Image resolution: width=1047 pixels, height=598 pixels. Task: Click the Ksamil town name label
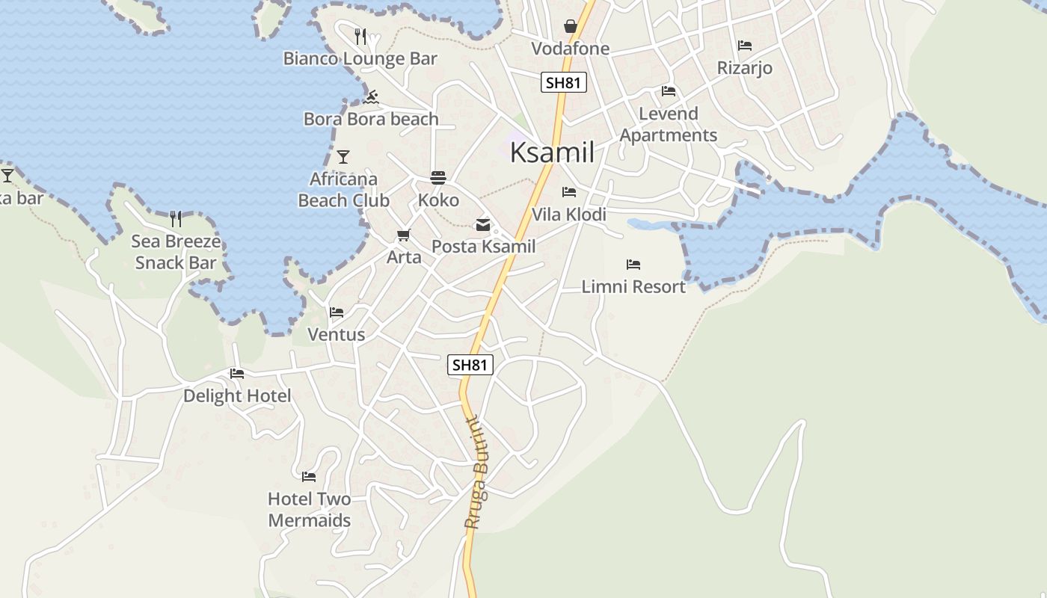click(552, 152)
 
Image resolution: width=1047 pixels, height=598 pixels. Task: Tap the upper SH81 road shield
click(564, 82)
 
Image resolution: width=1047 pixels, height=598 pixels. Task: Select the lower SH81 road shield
click(470, 365)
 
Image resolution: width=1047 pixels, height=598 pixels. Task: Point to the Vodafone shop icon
click(571, 27)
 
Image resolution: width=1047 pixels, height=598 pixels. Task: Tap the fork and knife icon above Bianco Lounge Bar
click(360, 36)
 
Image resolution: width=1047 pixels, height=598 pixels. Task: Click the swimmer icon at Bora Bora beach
click(371, 97)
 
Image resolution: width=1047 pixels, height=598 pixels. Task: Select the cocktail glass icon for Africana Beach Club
click(343, 157)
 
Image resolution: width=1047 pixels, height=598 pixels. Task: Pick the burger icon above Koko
click(438, 178)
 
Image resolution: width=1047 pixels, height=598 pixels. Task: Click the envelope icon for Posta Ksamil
click(483, 224)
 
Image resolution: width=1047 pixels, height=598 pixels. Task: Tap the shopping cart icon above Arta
click(404, 235)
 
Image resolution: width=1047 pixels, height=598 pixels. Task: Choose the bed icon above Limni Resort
click(633, 265)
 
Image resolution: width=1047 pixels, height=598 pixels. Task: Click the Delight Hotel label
click(237, 395)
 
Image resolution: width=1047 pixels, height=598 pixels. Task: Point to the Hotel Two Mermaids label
click(310, 509)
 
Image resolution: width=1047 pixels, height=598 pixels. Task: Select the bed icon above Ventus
click(337, 312)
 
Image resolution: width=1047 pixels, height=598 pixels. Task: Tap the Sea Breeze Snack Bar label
click(176, 252)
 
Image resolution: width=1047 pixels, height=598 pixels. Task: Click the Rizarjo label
click(744, 68)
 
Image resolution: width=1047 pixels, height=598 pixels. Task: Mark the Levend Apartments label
click(669, 124)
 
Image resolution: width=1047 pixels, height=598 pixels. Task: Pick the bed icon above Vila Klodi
click(569, 192)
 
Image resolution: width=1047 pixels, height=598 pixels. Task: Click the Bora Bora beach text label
click(371, 119)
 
